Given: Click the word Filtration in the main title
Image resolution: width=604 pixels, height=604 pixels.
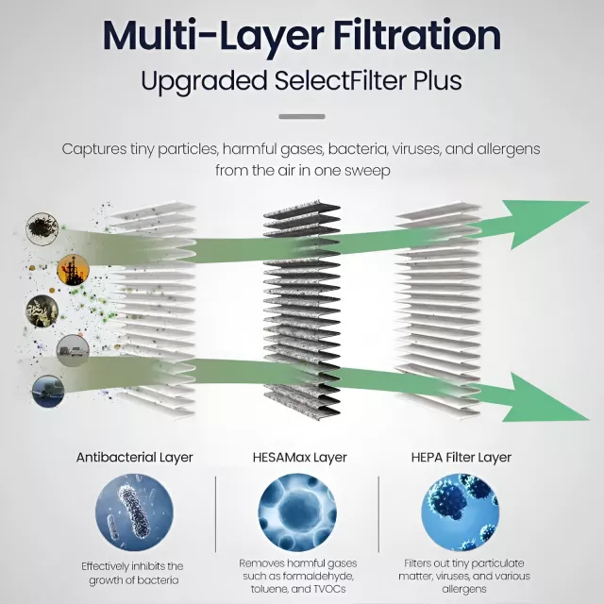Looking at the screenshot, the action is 417,36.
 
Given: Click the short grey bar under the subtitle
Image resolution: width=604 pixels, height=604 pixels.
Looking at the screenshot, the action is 302,116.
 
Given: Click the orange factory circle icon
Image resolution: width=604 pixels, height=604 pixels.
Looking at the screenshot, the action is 73,270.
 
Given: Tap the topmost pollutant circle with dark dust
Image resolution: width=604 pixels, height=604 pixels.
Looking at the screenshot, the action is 42,228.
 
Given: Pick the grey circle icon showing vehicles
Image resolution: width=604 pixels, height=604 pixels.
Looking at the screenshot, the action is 73,350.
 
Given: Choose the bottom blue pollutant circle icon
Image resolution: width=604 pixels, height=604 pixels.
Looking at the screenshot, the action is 48,391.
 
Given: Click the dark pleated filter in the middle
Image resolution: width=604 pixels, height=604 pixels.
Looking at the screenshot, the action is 302,310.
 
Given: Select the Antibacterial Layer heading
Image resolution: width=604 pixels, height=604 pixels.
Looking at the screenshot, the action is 134,458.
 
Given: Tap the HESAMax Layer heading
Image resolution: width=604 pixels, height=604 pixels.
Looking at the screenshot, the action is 300,458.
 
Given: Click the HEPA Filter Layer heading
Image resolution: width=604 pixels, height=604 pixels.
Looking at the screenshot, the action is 461,458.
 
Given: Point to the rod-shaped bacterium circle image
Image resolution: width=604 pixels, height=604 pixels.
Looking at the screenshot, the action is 134,512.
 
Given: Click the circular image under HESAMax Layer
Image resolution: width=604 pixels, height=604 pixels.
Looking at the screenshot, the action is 297,512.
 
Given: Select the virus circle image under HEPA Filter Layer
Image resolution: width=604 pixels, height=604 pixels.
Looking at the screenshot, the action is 461,512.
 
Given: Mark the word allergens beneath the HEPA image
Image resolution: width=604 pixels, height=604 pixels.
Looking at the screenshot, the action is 464,589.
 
